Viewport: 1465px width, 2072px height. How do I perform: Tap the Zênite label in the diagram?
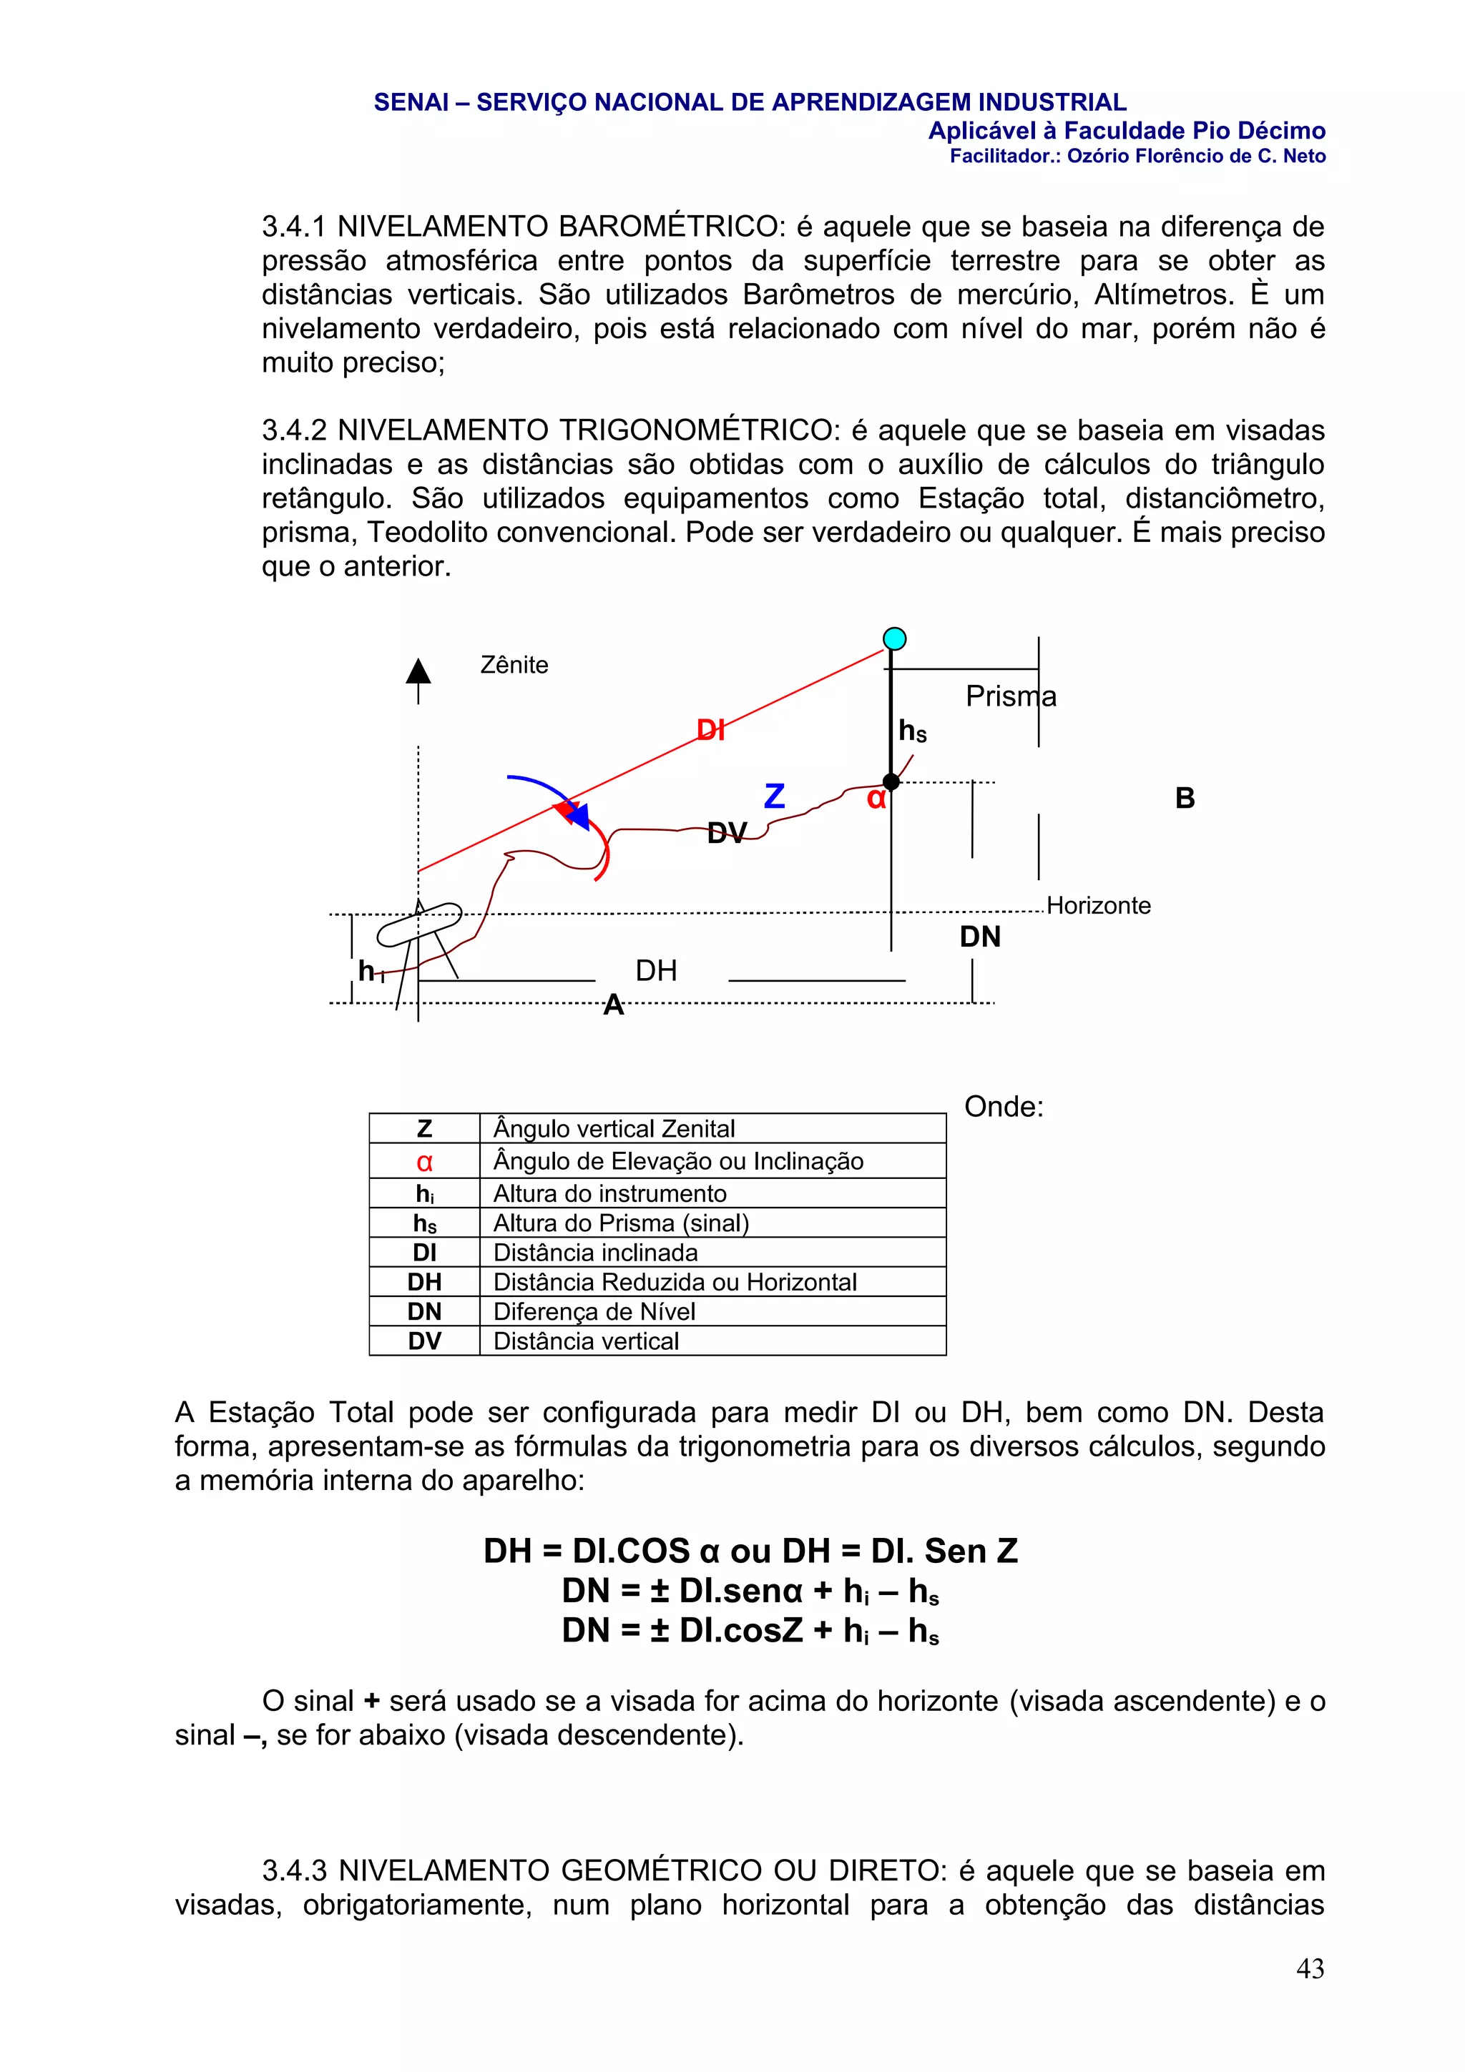[514, 665]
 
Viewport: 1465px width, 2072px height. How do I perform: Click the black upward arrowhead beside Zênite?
[418, 671]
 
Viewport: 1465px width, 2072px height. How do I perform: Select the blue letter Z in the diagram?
[775, 796]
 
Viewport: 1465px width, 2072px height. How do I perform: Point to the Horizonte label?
[1099, 905]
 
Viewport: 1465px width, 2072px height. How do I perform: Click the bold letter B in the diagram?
[1185, 798]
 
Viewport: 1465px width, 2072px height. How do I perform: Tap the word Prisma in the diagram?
[1010, 696]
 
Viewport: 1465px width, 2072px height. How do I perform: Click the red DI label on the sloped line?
[710, 730]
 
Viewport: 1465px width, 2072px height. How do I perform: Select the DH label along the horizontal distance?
[656, 971]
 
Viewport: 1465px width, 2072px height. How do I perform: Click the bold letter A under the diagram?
[614, 1005]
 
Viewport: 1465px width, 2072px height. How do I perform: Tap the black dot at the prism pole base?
[891, 782]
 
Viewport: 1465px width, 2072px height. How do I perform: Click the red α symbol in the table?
[424, 1163]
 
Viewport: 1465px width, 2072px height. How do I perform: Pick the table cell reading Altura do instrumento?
[609, 1193]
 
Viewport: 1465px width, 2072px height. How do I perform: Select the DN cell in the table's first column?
[424, 1311]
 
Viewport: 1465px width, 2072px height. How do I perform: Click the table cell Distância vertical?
[586, 1341]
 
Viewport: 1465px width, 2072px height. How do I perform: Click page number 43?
[1309, 1968]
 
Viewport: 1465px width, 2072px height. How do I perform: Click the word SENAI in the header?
[411, 103]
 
